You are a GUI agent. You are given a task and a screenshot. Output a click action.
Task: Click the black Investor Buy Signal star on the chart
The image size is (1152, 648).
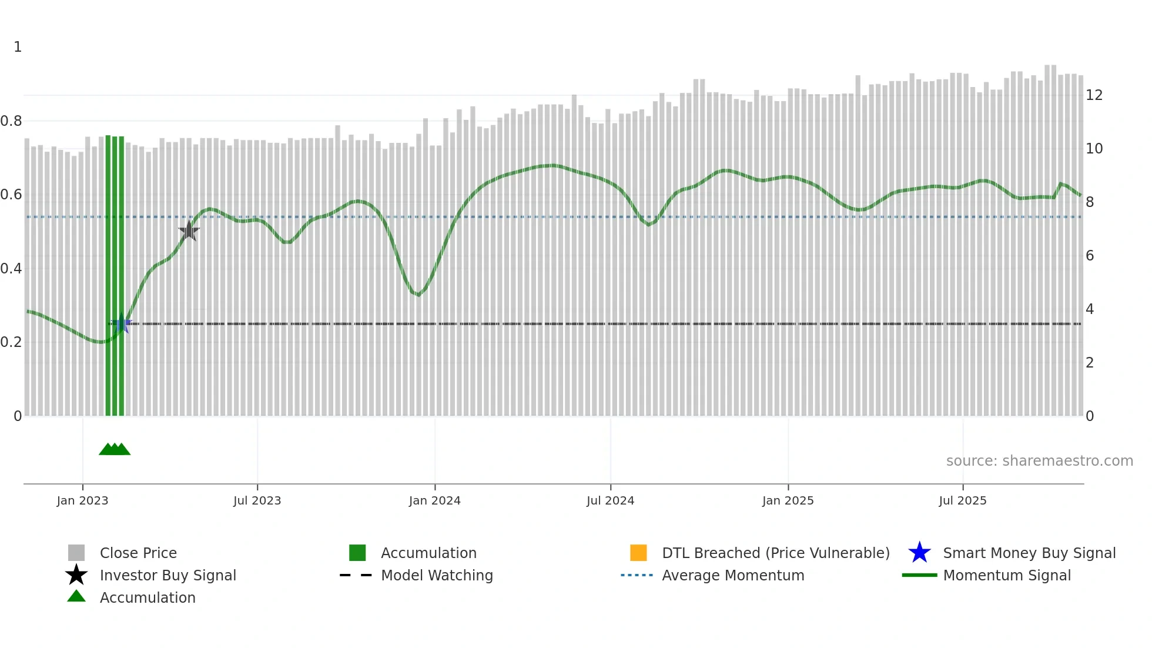tap(189, 231)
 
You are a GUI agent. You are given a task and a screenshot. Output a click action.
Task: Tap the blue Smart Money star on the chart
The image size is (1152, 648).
tap(122, 323)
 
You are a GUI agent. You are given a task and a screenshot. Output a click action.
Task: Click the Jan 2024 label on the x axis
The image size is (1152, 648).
tap(434, 500)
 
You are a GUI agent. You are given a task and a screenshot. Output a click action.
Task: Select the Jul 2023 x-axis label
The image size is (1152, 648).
tap(257, 500)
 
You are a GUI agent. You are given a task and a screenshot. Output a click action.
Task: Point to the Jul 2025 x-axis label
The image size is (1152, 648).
tap(962, 500)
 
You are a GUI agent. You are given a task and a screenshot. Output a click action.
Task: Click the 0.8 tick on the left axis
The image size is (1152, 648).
tap(11, 121)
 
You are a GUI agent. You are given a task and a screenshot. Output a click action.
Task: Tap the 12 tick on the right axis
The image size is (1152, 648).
tap(1094, 95)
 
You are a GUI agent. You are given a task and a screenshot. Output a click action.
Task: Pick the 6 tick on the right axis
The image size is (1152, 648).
tap(1090, 256)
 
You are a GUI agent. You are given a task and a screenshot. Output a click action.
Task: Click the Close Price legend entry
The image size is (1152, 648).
tap(138, 553)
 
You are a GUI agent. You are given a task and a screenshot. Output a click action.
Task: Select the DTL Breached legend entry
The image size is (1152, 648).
tap(775, 553)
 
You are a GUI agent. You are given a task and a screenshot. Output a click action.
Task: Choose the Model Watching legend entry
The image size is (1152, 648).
tap(437, 575)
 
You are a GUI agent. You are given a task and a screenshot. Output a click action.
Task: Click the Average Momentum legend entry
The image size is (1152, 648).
tap(733, 575)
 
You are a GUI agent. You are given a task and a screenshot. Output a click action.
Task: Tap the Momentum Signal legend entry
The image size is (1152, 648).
tap(1007, 575)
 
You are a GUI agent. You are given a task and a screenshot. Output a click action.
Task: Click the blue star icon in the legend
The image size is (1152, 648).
tap(919, 553)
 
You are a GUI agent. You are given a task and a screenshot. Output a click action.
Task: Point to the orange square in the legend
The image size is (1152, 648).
tap(638, 553)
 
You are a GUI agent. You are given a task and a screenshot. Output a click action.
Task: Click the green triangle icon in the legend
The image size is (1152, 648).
tap(76, 596)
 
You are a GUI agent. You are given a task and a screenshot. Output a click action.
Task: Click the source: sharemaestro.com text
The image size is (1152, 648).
tap(1039, 461)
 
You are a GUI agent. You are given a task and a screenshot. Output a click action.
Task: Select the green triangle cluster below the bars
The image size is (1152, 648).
tap(115, 449)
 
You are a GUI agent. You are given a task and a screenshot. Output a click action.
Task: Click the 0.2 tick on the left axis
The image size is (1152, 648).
tap(11, 342)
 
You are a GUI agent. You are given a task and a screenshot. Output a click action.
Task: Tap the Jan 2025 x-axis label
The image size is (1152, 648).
tap(788, 500)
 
